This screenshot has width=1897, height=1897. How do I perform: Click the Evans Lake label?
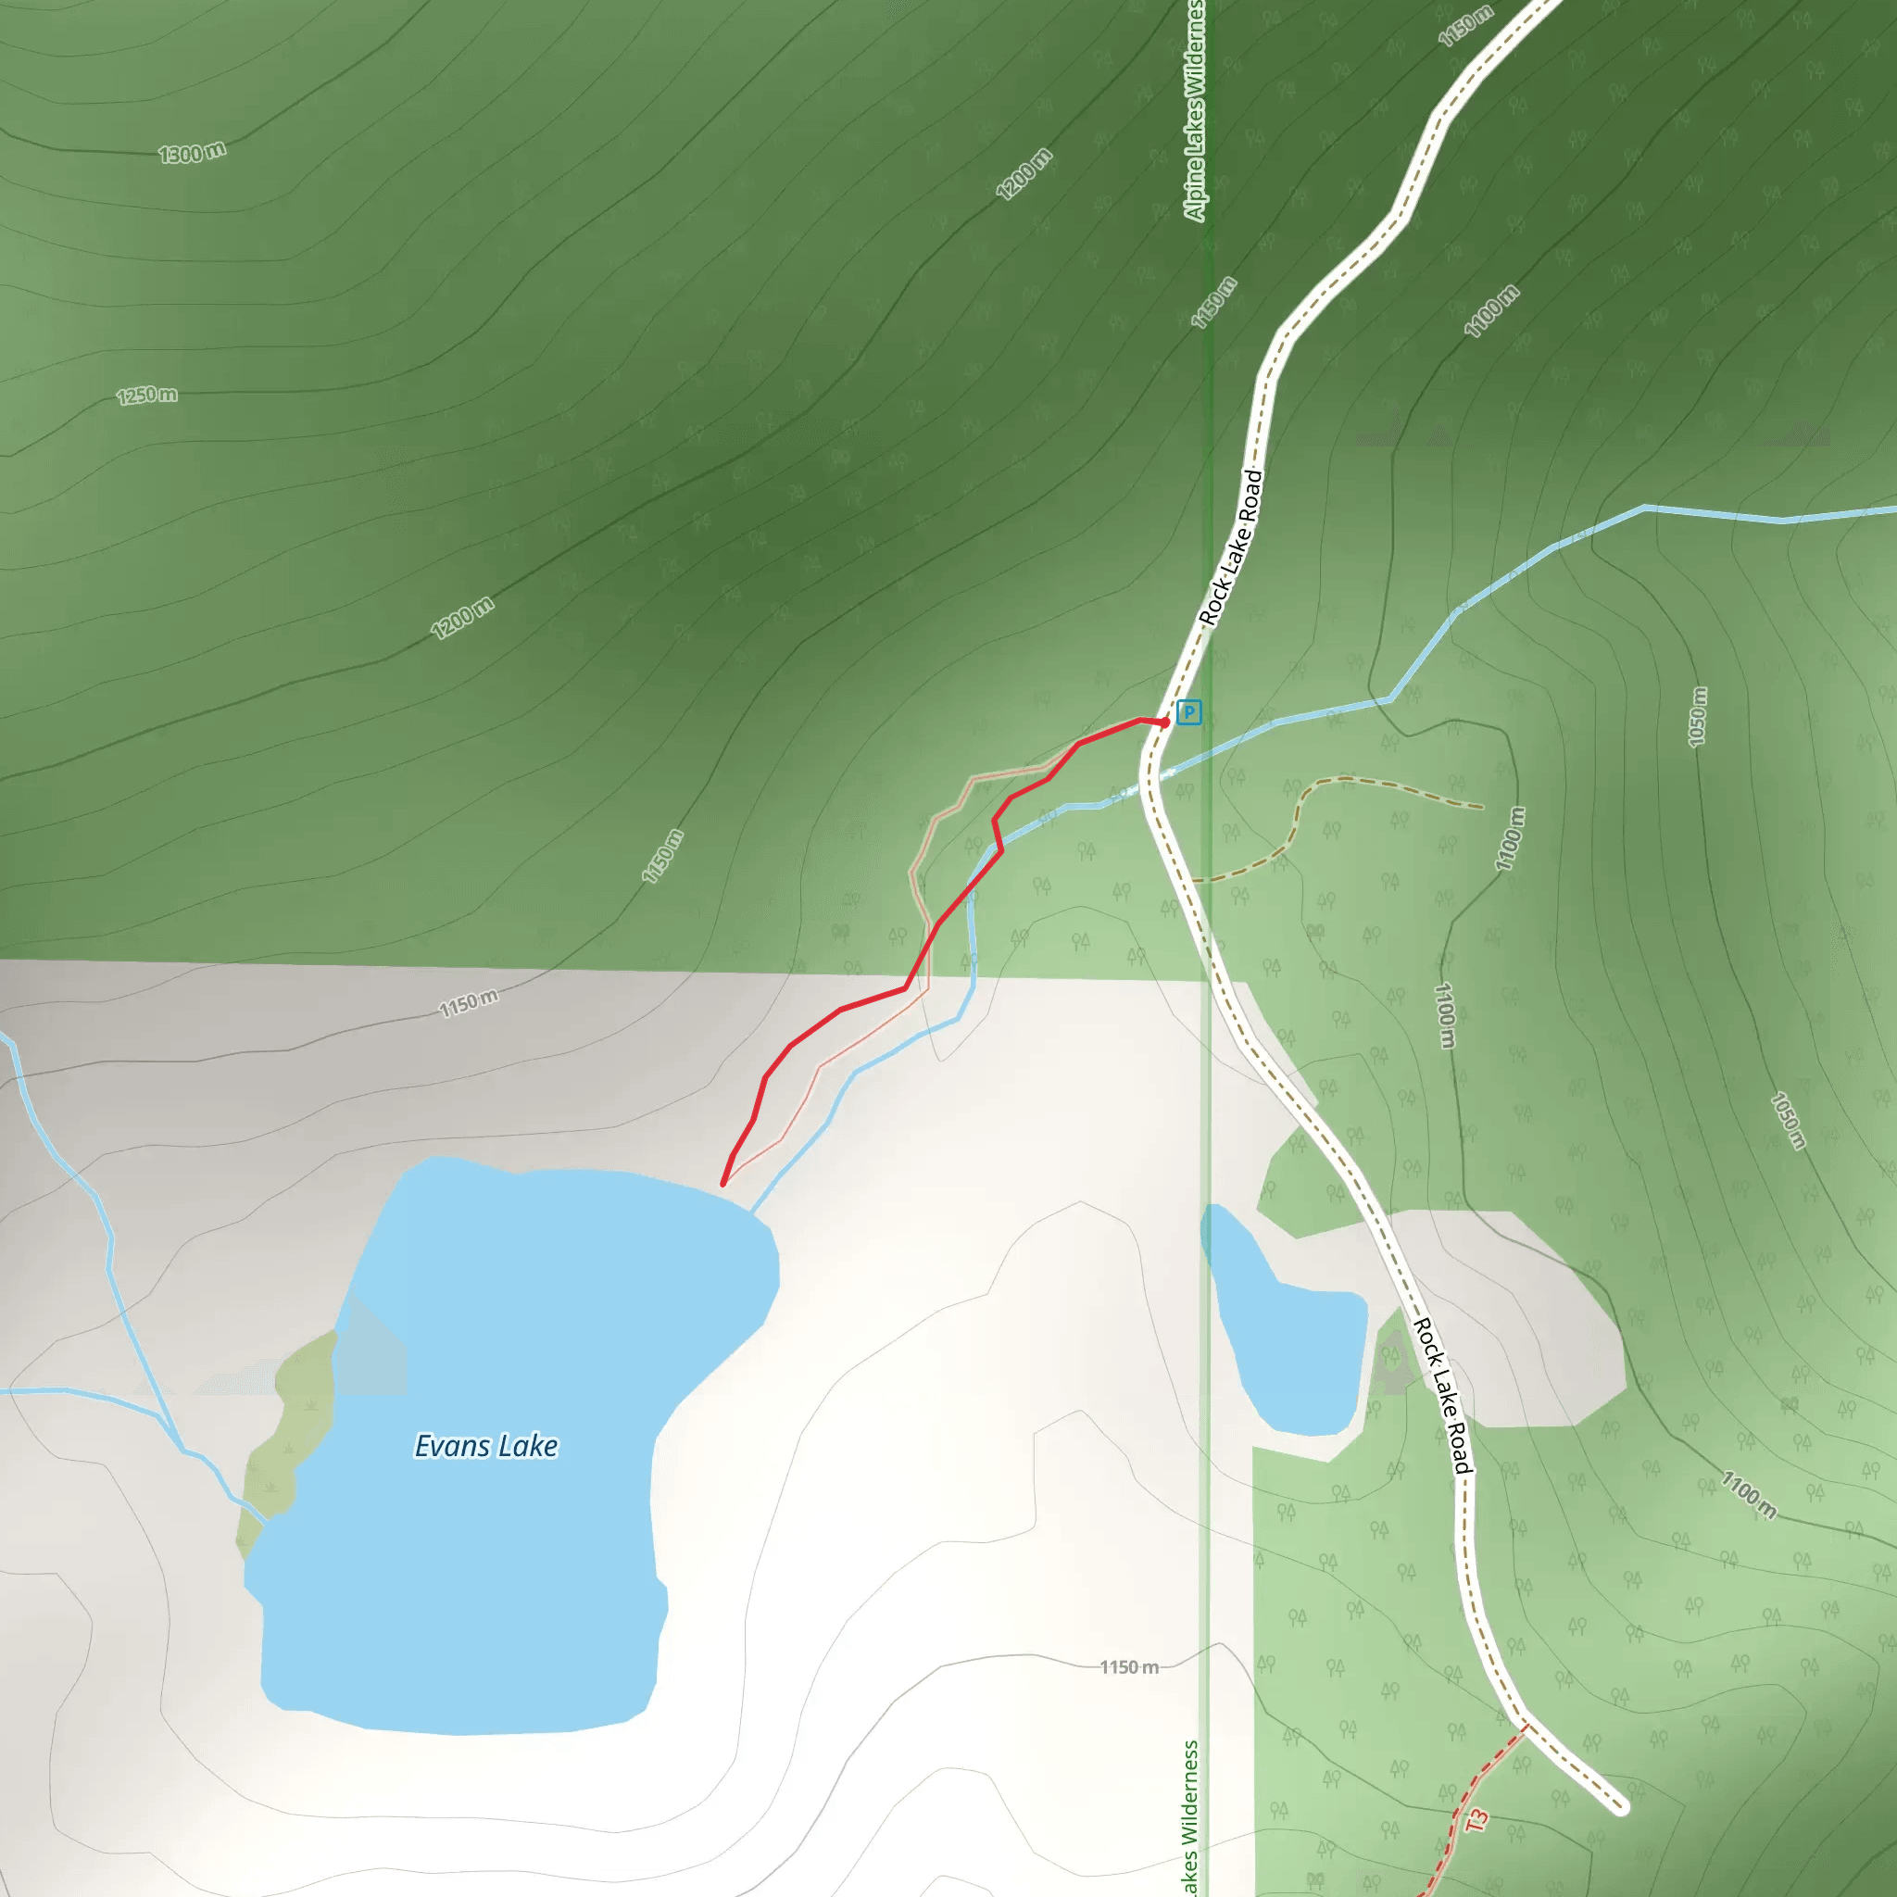click(x=486, y=1446)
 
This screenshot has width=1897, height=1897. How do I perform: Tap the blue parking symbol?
click(x=1189, y=712)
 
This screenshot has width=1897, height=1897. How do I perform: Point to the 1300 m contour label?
click(x=193, y=153)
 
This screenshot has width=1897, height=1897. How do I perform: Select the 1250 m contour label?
click(x=147, y=396)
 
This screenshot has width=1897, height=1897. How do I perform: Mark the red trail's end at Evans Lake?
click(x=723, y=1184)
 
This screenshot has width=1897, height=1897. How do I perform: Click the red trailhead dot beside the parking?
click(x=1164, y=722)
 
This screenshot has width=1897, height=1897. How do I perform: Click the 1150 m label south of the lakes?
click(x=1129, y=1667)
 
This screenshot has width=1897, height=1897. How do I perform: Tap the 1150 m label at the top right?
click(x=1465, y=26)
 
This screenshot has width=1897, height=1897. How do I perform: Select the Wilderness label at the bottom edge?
click(x=1191, y=1816)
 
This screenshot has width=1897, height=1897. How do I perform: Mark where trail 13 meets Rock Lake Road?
click(x=1525, y=1727)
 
